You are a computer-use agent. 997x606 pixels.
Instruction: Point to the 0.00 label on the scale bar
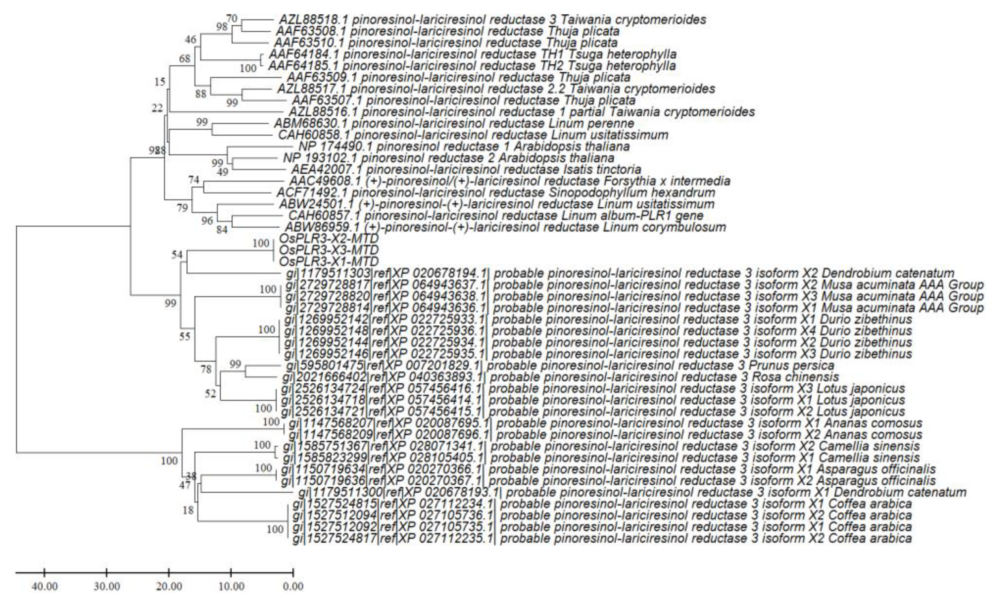tap(293, 586)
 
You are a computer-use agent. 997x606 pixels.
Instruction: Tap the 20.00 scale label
tap(169, 586)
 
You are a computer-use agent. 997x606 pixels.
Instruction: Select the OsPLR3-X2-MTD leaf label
tap(329, 239)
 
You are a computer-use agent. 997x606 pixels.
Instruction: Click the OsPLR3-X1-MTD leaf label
tap(329, 261)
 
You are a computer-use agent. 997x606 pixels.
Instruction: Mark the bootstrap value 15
tap(160, 82)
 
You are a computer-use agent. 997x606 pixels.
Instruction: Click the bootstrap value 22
tap(157, 108)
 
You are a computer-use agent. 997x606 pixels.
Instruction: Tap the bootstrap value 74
tap(194, 180)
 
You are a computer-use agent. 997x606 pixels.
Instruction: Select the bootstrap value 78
tap(206, 369)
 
